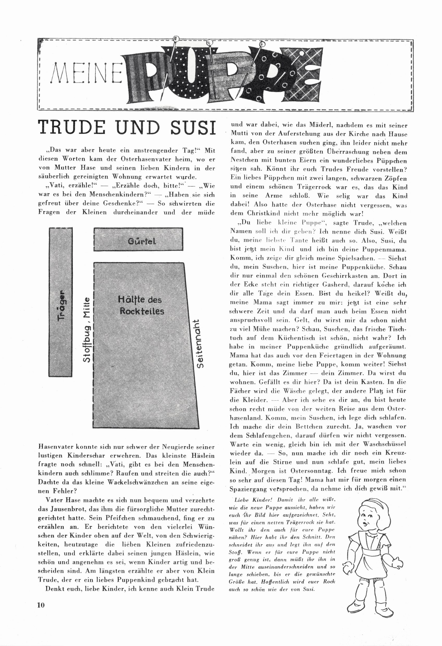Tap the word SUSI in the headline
193,128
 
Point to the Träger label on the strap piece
61,306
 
